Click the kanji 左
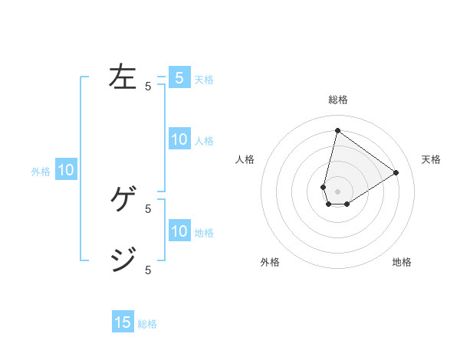pos(123,77)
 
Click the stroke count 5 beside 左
pos(148,87)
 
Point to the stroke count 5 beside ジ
pos(148,270)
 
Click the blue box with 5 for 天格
pos(179,78)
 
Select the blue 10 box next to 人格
pos(179,139)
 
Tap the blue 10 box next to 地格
pos(179,231)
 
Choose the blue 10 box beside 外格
pos(66,170)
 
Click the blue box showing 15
pos(123,322)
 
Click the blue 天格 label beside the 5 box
pos(204,80)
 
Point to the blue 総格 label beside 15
pos(147,324)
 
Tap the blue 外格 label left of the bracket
pos(41,172)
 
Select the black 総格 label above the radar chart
pos(337,100)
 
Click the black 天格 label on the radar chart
pos(431,159)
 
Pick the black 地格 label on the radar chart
pos(402,262)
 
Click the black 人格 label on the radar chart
pos(245,159)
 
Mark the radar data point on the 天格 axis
pos(396,172)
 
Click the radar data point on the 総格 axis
pos(337,130)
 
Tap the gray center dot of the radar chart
pos(337,191)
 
